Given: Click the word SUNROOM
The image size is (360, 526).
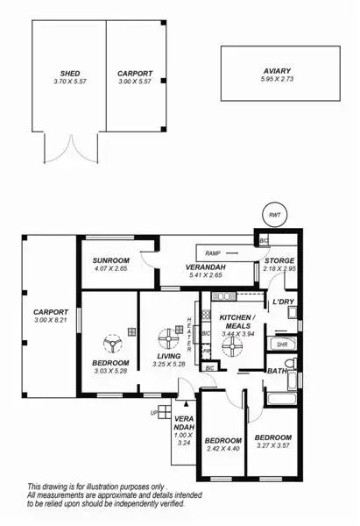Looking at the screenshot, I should coord(111,260).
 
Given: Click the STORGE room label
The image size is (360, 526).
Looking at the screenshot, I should coord(280,260).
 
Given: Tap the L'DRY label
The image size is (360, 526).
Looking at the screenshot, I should coord(282,302).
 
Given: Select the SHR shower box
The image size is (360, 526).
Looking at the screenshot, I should coord(282,345).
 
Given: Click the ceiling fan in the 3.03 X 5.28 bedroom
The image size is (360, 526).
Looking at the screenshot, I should coord(110,339).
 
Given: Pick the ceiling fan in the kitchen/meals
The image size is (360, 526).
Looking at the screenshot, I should coord(232,348).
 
